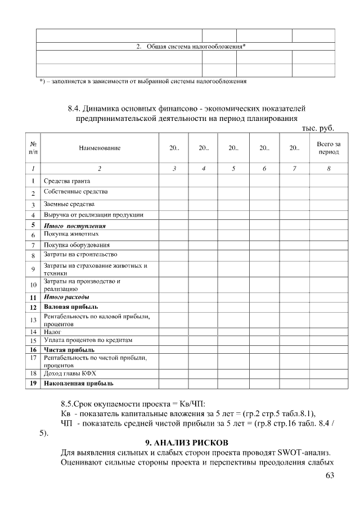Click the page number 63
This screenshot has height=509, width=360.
[x=330, y=477]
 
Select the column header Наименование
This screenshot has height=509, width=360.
[x=100, y=148]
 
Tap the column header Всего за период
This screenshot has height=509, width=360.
[x=328, y=148]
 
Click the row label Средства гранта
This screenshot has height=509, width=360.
[x=67, y=181]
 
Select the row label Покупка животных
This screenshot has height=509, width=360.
[x=71, y=233]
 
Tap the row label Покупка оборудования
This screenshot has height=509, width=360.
[x=76, y=245]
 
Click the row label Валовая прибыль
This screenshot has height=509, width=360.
[x=71, y=307]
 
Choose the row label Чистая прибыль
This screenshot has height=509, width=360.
[x=69, y=350]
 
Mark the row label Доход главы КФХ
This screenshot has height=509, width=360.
[x=71, y=373]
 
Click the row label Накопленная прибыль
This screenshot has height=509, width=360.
[x=79, y=384]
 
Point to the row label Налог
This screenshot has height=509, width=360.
[x=53, y=332]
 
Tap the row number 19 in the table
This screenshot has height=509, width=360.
[x=33, y=384]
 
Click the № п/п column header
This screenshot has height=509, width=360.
[x=33, y=148]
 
